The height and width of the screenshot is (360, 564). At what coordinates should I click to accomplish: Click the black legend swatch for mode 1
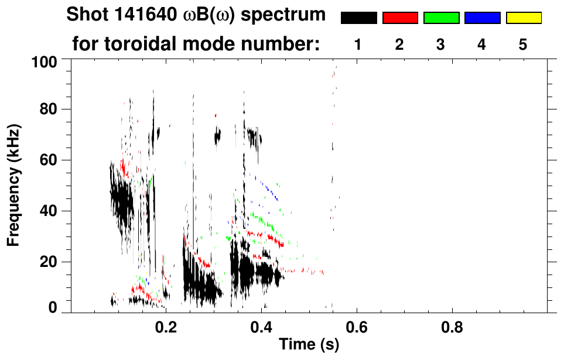(358, 18)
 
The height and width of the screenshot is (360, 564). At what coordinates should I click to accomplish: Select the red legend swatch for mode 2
(400, 18)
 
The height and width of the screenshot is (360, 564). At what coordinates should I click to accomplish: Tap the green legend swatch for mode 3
(441, 18)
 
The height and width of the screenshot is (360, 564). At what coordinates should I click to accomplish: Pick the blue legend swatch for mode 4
(482, 18)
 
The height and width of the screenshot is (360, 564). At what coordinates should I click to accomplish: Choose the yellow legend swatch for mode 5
(524, 18)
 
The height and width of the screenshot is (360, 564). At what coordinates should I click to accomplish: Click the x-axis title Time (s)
(309, 345)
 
